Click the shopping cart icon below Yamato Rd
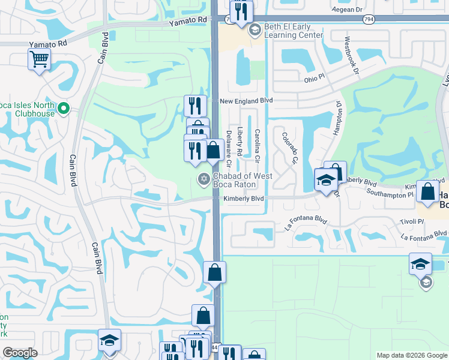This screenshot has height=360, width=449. click(39, 59)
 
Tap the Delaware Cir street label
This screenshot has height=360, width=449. click(229, 149)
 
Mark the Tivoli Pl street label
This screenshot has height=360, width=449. click(412, 222)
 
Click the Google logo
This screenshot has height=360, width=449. click(20, 353)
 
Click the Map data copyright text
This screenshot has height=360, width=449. click(411, 355)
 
